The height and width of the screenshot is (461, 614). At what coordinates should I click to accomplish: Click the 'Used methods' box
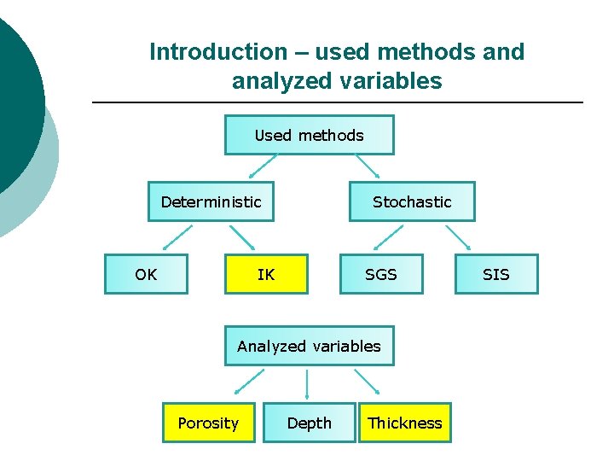(x=309, y=135)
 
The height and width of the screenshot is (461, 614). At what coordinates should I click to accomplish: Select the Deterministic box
(x=211, y=201)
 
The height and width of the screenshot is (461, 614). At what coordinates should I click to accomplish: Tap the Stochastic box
(x=412, y=201)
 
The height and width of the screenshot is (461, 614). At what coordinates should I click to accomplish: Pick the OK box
(x=146, y=274)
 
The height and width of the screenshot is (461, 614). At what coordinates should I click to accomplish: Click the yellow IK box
(x=266, y=274)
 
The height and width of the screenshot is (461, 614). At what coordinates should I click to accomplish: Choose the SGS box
(x=381, y=274)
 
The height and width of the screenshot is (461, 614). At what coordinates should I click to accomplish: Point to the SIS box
(x=495, y=274)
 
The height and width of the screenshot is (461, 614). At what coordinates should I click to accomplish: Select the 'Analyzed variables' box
(x=309, y=346)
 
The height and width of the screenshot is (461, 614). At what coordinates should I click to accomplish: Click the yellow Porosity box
(x=208, y=423)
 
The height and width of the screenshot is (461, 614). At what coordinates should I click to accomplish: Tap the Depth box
(x=309, y=423)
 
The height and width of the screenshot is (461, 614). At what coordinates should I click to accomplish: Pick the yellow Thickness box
(x=404, y=423)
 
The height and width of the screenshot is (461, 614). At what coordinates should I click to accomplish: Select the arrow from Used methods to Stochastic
(x=367, y=167)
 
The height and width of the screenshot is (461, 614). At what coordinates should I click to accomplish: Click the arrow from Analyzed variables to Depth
(x=308, y=383)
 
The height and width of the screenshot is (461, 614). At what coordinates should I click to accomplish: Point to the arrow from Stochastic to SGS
(x=378, y=237)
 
